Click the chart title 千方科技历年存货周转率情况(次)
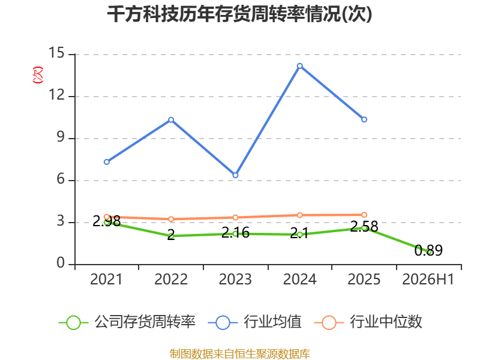tap(239, 14)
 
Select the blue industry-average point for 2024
tap(299, 66)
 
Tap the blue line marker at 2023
tap(235, 175)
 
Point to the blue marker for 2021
tap(107, 162)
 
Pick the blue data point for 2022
tap(171, 119)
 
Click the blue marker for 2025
tap(364, 119)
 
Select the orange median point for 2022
tap(171, 219)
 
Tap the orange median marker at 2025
tap(364, 215)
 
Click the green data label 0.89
tap(428, 250)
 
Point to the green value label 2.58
tap(364, 227)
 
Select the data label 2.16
tap(235, 233)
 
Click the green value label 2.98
tap(107, 221)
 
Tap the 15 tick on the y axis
tap(56, 53)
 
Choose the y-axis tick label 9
tap(61, 137)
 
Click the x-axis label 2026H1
tap(428, 279)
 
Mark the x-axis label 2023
tap(235, 279)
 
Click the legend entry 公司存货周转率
tap(127, 322)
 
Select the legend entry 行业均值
tap(254, 322)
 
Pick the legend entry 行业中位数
tap(368, 322)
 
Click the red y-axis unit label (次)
tap(38, 75)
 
